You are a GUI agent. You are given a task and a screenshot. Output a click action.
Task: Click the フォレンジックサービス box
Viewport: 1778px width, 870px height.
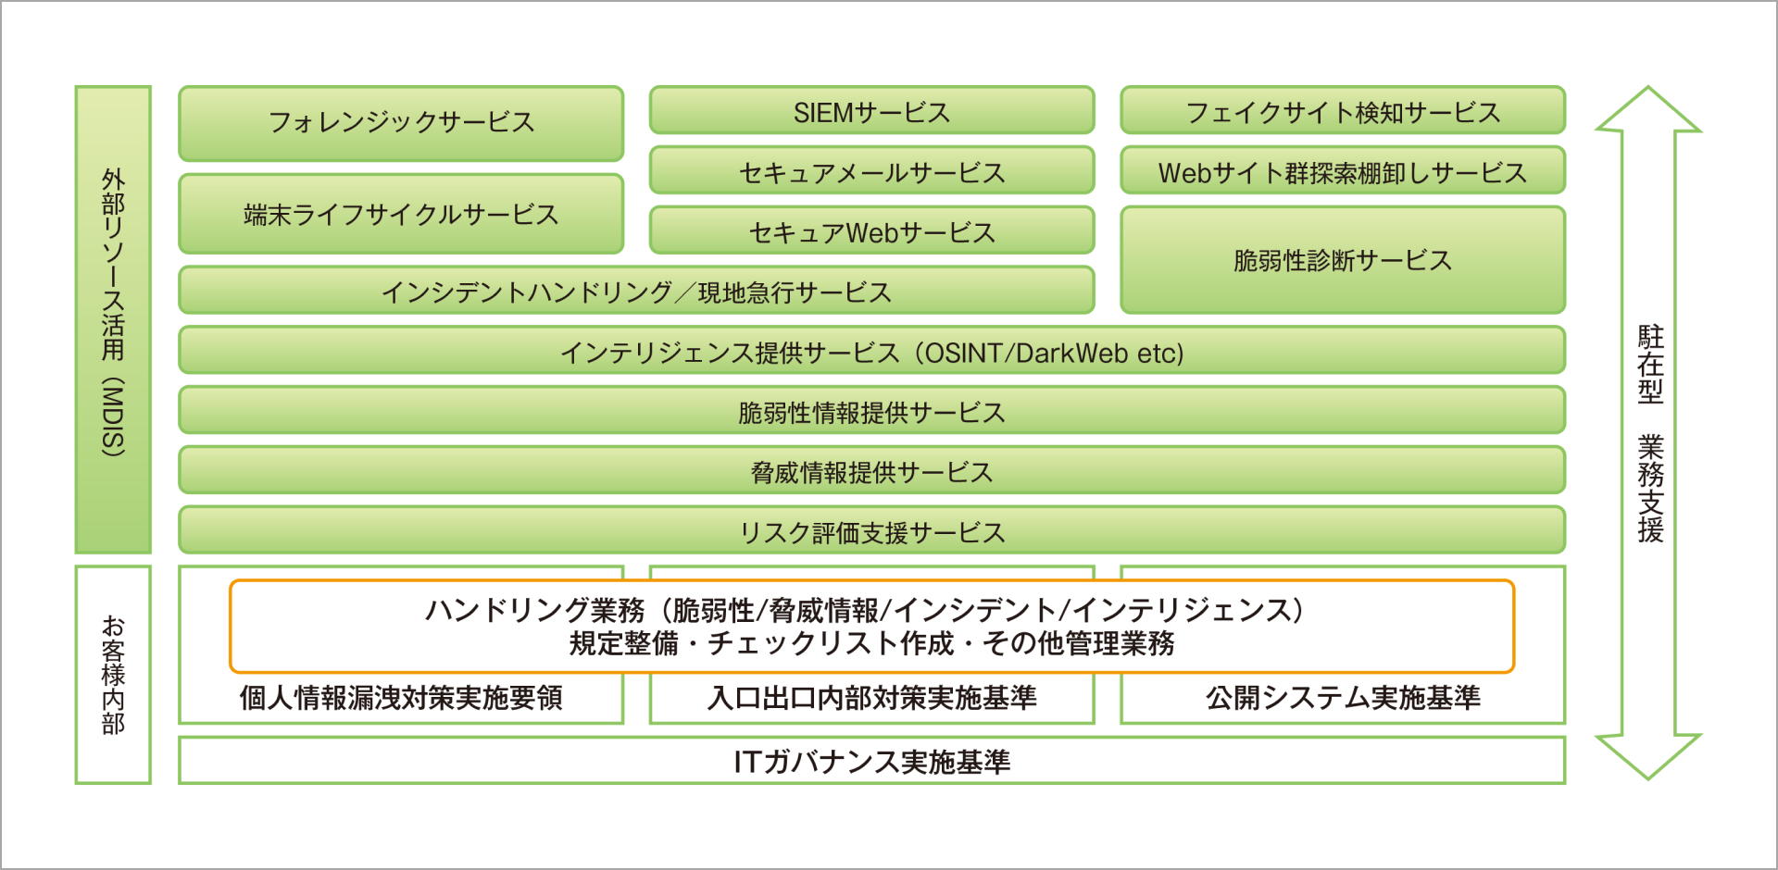coord(401,122)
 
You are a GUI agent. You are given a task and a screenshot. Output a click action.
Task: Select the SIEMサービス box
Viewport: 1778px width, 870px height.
coord(871,112)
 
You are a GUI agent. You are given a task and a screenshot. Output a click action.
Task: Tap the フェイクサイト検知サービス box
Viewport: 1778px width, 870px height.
coord(1342,112)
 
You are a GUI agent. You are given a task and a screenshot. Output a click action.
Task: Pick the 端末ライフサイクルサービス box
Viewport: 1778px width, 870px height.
coord(401,215)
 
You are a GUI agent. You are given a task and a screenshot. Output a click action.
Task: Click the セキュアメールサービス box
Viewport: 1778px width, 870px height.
coord(871,172)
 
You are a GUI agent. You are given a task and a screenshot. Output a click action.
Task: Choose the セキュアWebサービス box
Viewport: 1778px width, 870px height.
coord(871,231)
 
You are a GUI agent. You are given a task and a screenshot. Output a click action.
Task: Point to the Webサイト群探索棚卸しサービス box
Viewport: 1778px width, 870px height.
coord(1342,172)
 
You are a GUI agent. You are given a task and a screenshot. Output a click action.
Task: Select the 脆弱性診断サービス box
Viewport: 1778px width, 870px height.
coord(1342,260)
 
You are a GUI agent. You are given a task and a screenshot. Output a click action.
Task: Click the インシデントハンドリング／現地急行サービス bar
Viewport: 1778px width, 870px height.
coord(636,292)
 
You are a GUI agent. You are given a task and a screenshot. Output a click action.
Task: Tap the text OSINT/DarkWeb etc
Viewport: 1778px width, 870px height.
coord(1054,353)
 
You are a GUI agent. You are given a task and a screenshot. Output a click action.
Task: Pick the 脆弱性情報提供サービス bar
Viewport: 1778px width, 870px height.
coord(871,412)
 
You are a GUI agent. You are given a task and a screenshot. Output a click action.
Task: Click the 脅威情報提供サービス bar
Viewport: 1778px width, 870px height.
coord(871,472)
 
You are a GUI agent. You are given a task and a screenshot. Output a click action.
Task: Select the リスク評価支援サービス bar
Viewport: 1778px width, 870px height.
coord(871,532)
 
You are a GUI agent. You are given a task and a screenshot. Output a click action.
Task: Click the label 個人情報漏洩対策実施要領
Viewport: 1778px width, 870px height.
coord(401,698)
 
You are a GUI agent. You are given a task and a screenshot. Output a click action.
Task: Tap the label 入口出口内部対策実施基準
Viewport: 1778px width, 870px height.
coord(871,698)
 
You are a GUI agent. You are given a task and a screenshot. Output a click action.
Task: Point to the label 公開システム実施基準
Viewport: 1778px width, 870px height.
coord(1342,698)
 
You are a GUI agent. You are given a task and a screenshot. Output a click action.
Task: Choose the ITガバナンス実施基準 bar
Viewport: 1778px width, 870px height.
coord(871,761)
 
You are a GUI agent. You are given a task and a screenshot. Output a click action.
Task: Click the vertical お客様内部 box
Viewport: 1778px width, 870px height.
coord(113,675)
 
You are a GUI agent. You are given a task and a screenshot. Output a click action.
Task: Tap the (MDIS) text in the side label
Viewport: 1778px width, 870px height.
coord(113,416)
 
